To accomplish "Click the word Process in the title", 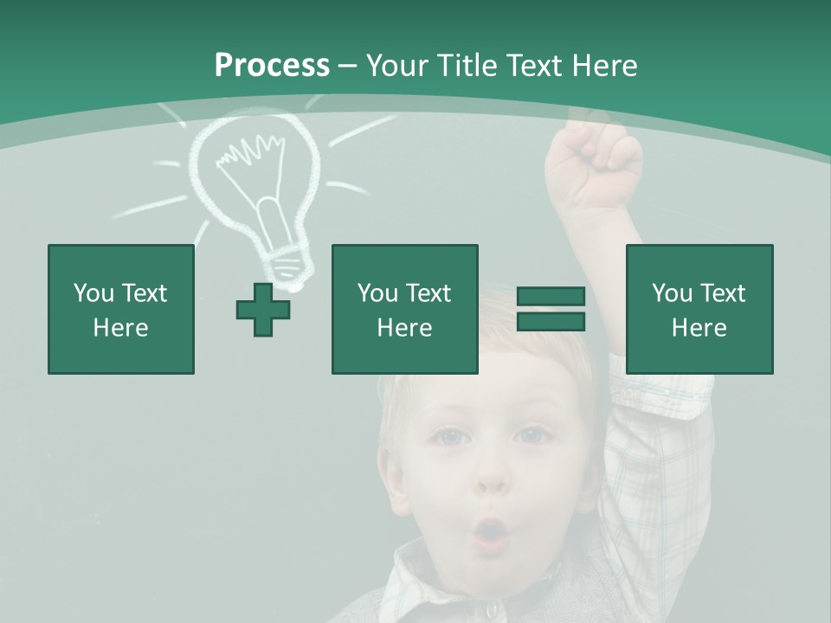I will (272, 66).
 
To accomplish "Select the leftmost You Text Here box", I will (121, 309).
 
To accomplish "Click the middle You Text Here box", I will (404, 309).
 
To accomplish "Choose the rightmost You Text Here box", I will (699, 309).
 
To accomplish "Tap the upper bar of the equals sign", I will (551, 296).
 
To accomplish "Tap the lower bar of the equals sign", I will (551, 322).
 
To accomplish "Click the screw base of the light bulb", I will (286, 260).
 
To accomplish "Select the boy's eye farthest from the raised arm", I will (448, 437).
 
